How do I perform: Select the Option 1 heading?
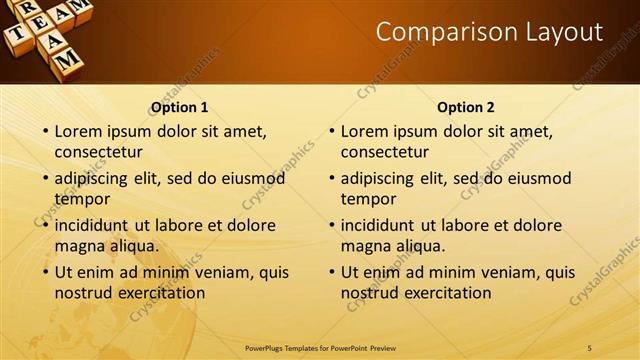[180, 107]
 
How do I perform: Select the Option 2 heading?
[466, 107]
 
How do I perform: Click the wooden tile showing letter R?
[29, 8]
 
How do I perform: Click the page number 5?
[589, 347]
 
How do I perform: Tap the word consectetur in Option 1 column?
[98, 152]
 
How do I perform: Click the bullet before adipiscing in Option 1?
[45, 179]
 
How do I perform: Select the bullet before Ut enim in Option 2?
[331, 272]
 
